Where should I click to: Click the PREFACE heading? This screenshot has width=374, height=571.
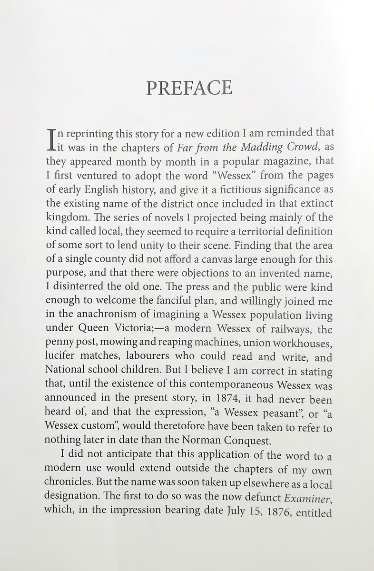(189, 88)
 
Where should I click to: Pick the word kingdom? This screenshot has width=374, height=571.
(67, 218)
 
